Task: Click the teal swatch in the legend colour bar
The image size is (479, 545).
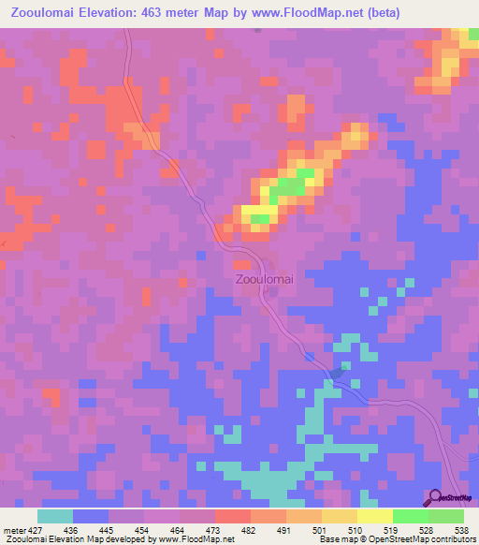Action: coord(55,517)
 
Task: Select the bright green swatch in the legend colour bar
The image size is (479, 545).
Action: coord(411,517)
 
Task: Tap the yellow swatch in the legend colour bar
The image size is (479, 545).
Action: coord(375,517)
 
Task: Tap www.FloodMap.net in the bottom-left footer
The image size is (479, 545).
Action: coord(198,539)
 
